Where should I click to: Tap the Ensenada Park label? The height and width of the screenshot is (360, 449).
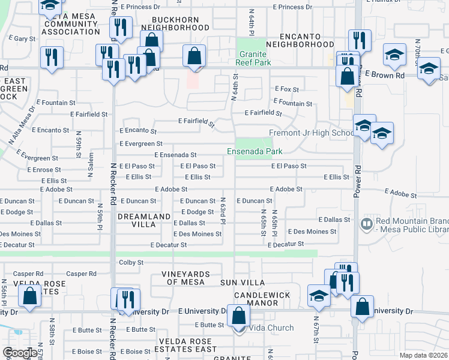pyautogui.click(x=255, y=151)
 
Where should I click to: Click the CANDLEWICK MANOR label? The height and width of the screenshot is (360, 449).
pyautogui.click(x=262, y=299)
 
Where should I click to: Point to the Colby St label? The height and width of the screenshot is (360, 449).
pyautogui.click(x=131, y=262)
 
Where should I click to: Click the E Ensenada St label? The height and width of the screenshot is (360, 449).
pyautogui.click(x=175, y=155)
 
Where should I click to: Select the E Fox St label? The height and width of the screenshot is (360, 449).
pyautogui.click(x=287, y=89)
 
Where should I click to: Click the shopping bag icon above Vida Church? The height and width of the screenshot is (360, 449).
pyautogui.click(x=238, y=316)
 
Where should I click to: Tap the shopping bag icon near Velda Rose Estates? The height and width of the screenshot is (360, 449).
pyautogui.click(x=29, y=296)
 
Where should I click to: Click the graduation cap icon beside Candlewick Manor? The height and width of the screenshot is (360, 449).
pyautogui.click(x=319, y=295)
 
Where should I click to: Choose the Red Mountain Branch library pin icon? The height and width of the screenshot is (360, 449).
pyautogui.click(x=366, y=224)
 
